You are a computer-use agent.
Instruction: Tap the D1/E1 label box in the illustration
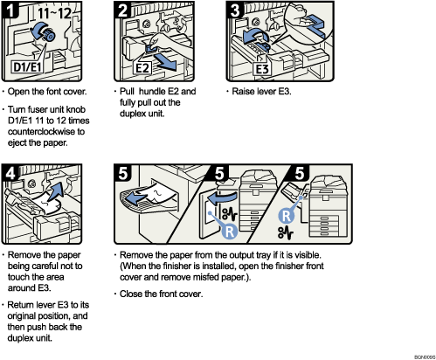pyautogui.click(x=28, y=66)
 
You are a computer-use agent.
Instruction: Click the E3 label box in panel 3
pyautogui.click(x=260, y=67)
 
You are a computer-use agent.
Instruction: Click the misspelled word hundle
pyautogui.click(x=151, y=91)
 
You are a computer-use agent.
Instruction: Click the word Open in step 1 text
pyautogui.click(x=24, y=91)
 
